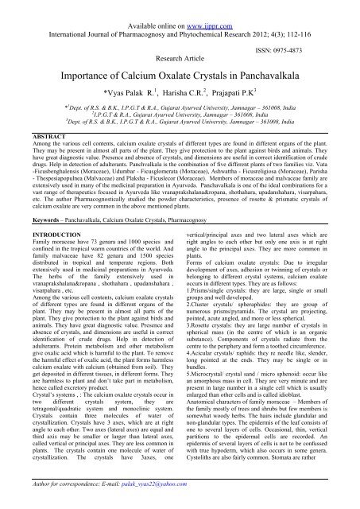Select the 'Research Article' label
(x=180, y=37)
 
